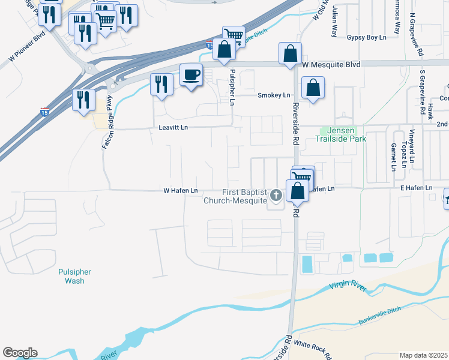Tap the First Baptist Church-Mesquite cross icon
pos(276,194)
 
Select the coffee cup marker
pos(191,75)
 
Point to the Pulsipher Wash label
pos(75,276)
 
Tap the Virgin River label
pos(348,288)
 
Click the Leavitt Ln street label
pos(173,128)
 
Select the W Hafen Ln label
pos(181,190)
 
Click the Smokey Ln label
pos(274,95)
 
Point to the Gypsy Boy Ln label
pos(366,37)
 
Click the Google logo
pos(20,353)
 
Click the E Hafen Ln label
pos(416,188)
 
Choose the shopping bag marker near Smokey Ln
pos(313,88)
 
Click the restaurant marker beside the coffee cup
pos(161,83)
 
